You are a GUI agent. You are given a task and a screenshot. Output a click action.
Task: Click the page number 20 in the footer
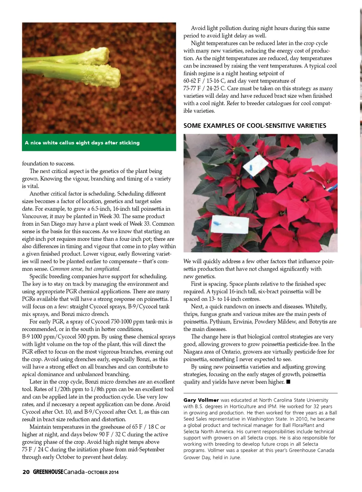(26, 472)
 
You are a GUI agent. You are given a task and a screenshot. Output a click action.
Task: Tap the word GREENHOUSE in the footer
(48, 472)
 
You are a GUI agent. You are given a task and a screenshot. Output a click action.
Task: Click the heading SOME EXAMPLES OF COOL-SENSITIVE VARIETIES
(255, 126)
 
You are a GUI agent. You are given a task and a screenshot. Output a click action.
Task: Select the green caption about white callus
(82, 143)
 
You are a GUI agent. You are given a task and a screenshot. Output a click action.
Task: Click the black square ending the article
(288, 382)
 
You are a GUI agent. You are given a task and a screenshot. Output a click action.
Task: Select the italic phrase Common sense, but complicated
(85, 269)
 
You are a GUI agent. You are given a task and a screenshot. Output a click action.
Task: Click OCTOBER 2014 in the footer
(103, 472)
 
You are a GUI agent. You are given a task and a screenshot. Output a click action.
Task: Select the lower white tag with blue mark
(230, 224)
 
